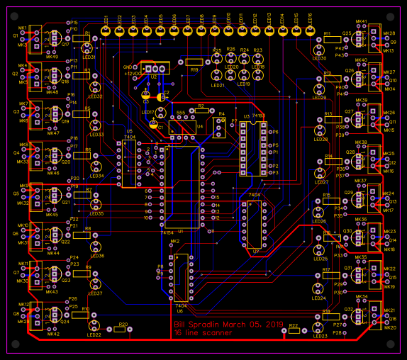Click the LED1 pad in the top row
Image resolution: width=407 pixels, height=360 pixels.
106,31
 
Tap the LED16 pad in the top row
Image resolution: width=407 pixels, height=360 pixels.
310,31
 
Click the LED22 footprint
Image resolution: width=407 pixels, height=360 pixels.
94,326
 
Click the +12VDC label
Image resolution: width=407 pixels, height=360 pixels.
133,73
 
